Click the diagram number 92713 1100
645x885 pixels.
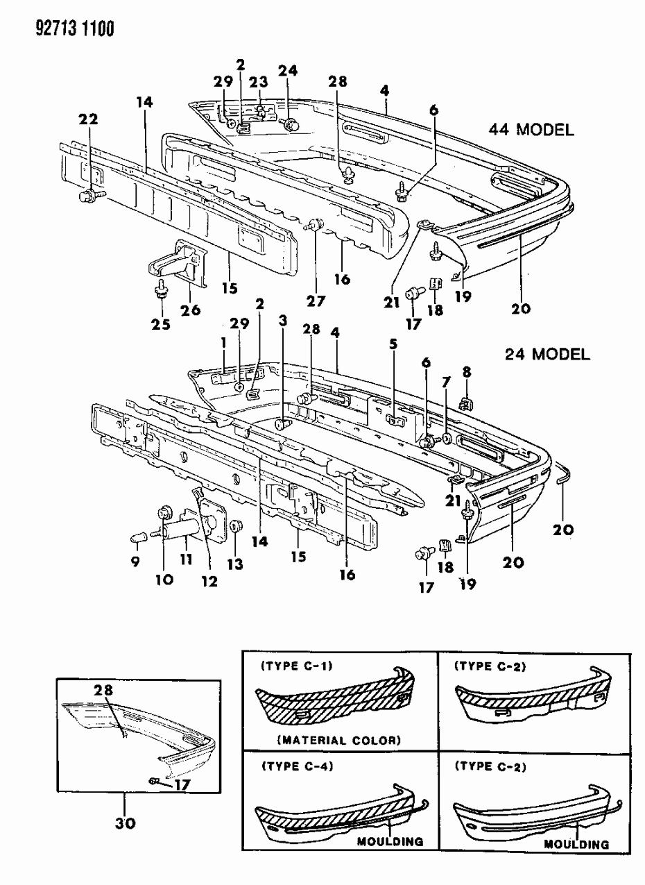[x=63, y=29]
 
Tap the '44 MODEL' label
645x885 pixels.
[x=532, y=130]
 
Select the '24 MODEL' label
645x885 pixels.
[x=547, y=355]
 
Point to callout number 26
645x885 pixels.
[x=191, y=310]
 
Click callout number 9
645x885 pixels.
[x=135, y=562]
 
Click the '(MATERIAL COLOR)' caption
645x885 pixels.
[x=339, y=740]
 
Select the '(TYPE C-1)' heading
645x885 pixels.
[x=296, y=666]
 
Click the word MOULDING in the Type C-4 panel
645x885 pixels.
[x=390, y=841]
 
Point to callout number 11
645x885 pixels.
[x=185, y=559]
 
